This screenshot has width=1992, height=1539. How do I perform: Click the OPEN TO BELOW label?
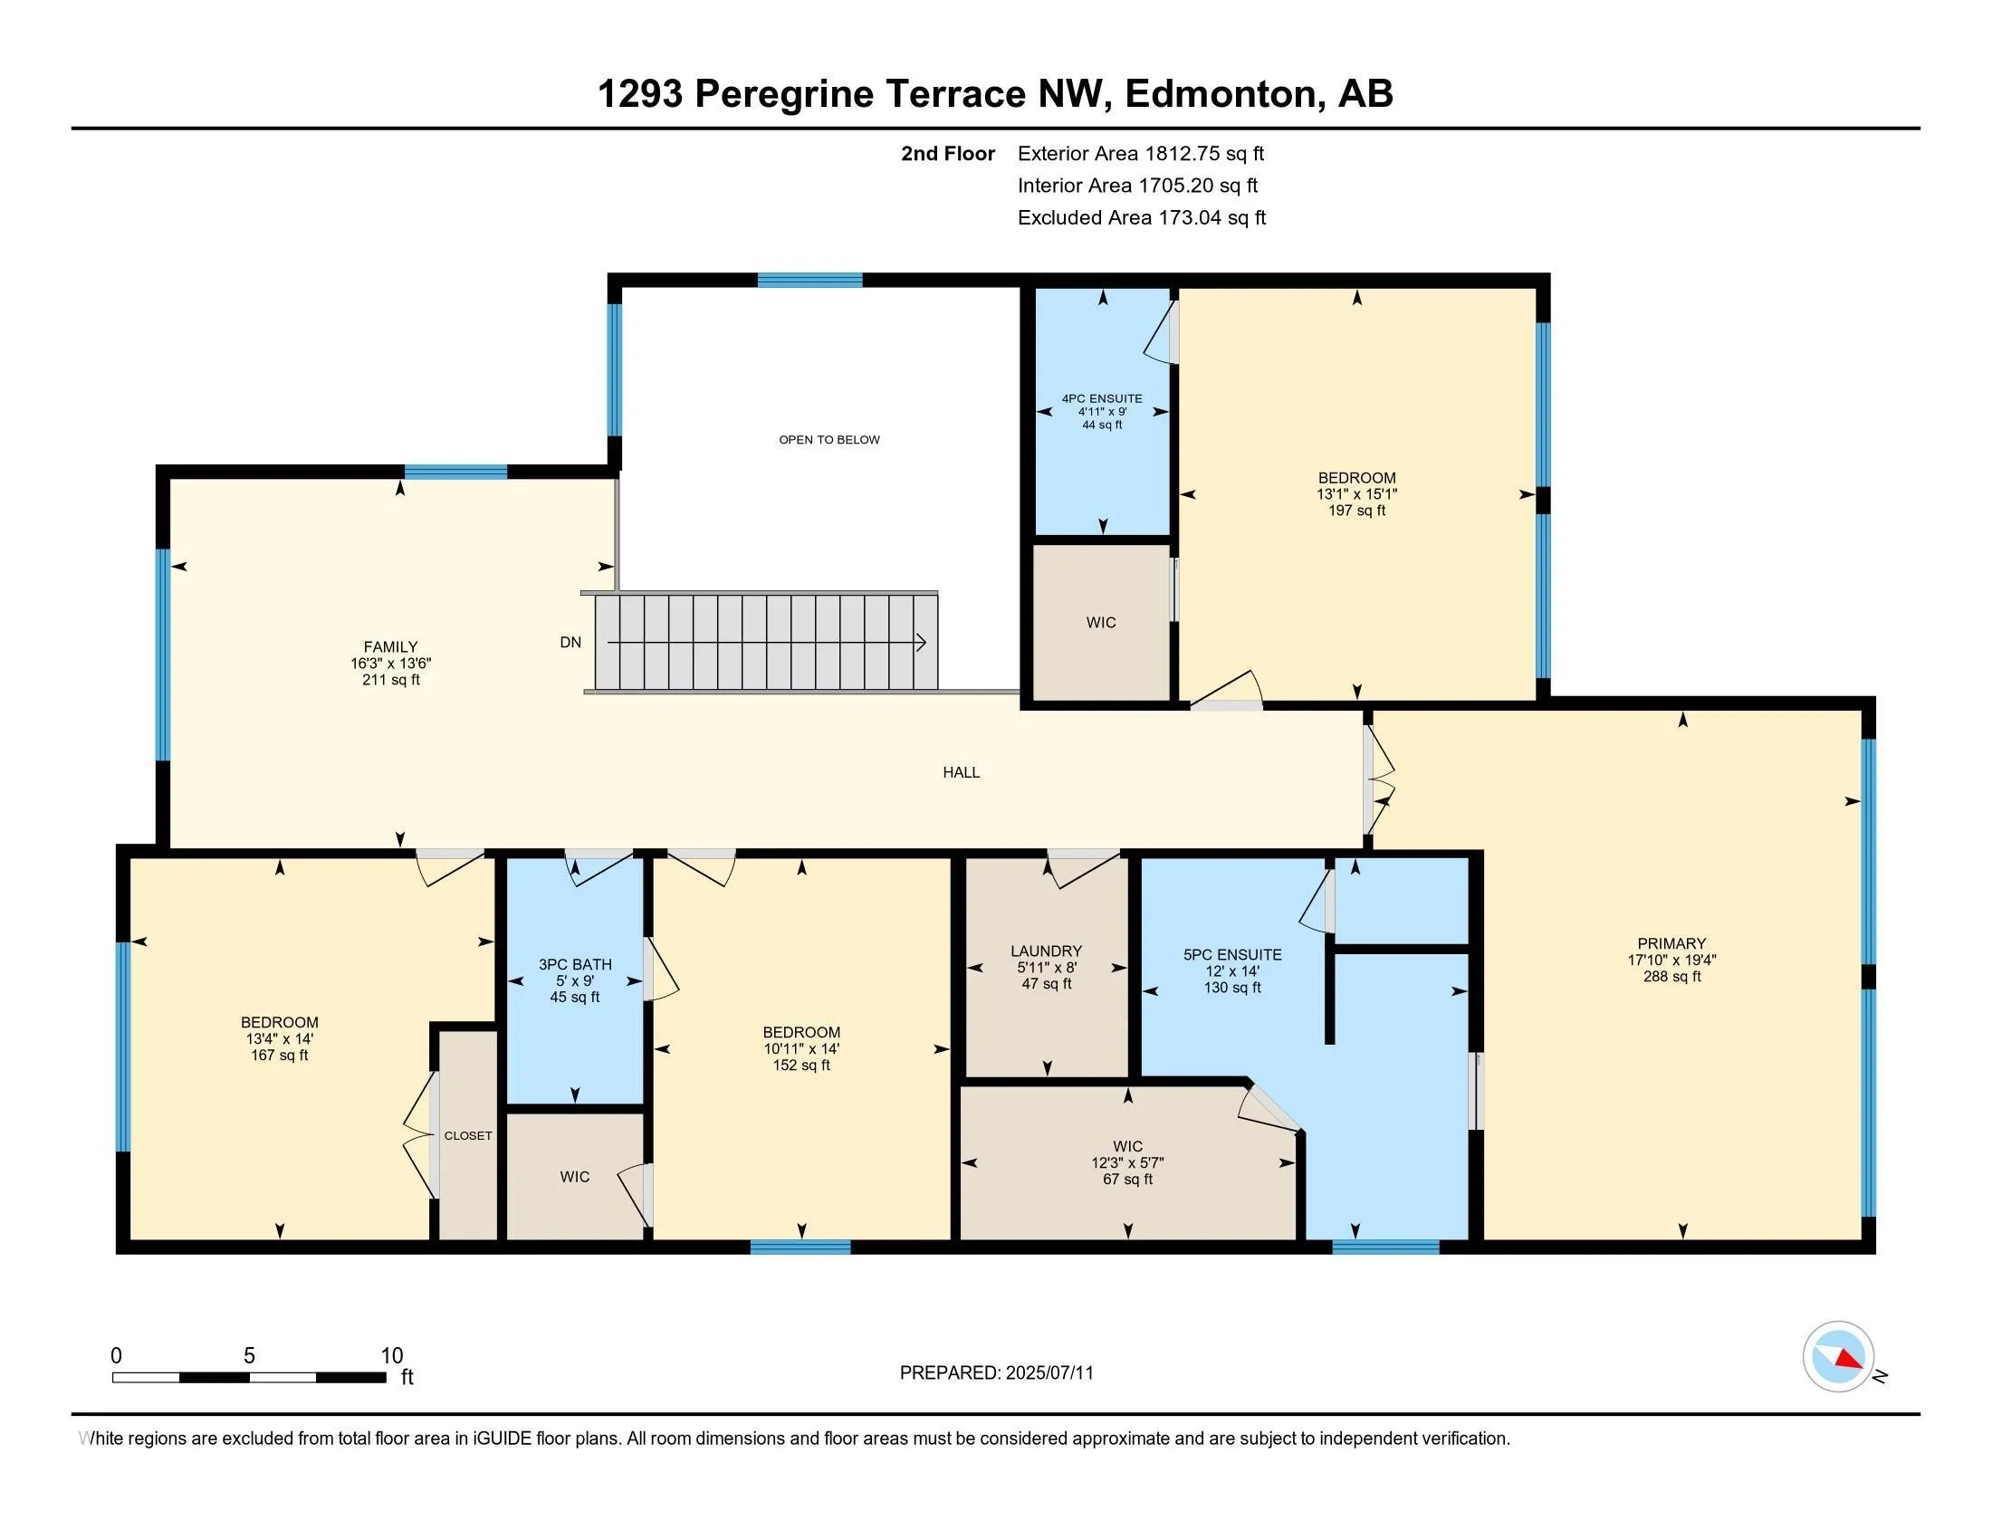coord(829,439)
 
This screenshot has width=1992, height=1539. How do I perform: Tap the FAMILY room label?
coord(390,647)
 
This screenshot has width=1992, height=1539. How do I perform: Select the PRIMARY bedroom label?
coord(1671,943)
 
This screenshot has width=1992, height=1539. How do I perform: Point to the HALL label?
coord(962,772)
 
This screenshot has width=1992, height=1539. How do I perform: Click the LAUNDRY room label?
coord(1046,951)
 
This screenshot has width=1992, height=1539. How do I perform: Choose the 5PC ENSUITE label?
coord(1232,954)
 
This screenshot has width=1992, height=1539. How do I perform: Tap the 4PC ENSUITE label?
coord(1102,398)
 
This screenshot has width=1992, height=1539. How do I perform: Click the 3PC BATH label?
coord(575,965)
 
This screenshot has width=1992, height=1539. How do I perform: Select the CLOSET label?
coord(468,1136)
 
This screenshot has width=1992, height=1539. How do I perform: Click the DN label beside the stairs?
coord(570,643)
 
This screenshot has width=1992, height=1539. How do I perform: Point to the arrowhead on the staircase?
coord(921,643)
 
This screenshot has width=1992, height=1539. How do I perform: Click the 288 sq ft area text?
coord(1671,977)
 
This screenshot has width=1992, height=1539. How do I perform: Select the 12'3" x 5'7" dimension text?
coord(1127,1163)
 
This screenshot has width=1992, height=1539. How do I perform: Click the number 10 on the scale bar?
coord(391,1356)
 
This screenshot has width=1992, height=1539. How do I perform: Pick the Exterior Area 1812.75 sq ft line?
coord(1141,153)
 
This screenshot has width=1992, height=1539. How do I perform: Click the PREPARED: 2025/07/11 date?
coord(996,1373)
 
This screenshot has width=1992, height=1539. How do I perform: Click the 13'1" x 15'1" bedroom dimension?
coord(1356,494)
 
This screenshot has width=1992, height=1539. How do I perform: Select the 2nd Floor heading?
coord(948,153)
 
